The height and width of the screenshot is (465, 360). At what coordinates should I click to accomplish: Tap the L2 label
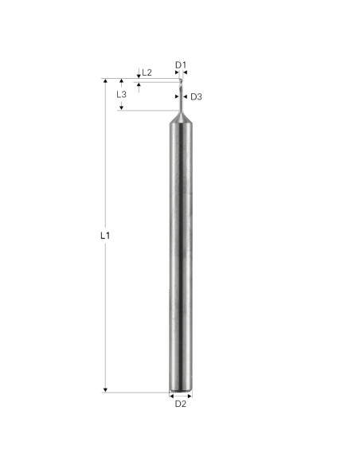[147, 72]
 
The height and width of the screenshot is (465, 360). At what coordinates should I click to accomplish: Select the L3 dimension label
[121, 94]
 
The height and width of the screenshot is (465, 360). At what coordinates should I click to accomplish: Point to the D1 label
[181, 65]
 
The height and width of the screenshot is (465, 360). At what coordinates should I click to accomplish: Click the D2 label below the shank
[181, 404]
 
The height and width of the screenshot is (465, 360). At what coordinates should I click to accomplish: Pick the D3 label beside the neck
[197, 97]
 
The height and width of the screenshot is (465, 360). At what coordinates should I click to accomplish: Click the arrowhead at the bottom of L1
[105, 389]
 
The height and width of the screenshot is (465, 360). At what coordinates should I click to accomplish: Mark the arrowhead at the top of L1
[105, 82]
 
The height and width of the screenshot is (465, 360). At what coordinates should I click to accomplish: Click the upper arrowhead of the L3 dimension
[121, 82]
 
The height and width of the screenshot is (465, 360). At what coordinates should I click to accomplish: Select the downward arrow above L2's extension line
[139, 76]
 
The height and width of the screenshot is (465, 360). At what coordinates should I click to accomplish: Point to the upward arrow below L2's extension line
[139, 86]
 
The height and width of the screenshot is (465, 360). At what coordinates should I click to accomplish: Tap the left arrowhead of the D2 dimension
[173, 395]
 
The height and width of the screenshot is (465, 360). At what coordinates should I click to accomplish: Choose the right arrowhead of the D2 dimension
[189, 395]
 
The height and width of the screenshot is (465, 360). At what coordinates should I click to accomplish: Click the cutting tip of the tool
[181, 83]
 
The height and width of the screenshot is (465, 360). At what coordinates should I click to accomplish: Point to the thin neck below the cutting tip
[181, 99]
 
